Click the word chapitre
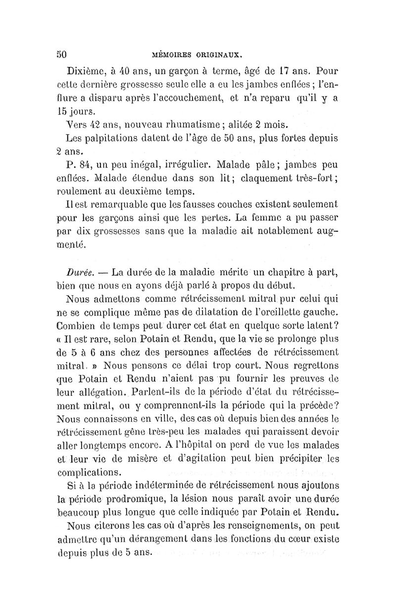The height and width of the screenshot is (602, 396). pyautogui.click(x=293, y=272)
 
